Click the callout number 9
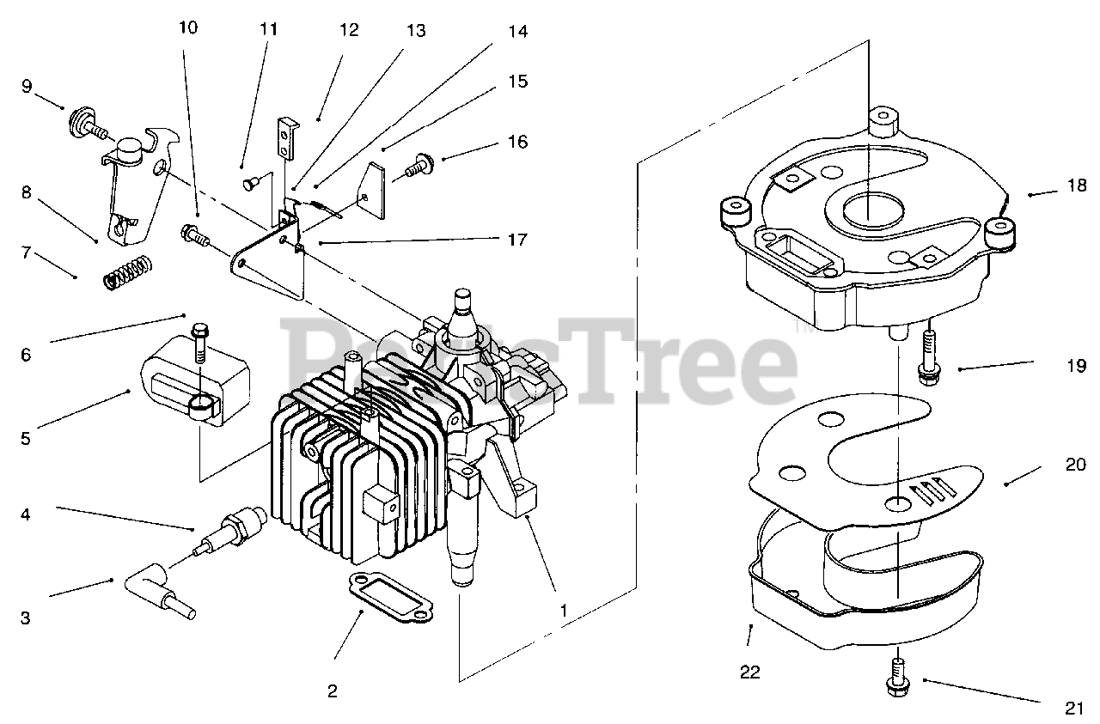[x=27, y=86]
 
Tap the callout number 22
[x=750, y=672]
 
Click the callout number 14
[x=517, y=33]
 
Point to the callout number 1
[x=564, y=611]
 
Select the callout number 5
[x=26, y=438]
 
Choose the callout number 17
[x=516, y=240]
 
